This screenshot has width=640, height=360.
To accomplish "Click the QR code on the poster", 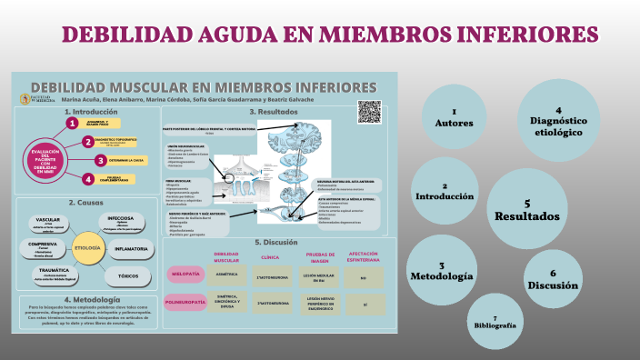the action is click(369, 111).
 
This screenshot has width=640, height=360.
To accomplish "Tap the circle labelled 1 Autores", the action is click(454, 116).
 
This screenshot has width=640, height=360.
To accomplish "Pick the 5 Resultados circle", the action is click(527, 210).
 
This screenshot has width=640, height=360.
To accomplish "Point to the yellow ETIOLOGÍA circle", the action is click(87, 247).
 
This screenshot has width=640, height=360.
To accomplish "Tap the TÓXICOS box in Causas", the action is click(127, 274).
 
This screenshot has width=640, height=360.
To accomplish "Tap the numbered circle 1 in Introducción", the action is click(72, 123).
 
